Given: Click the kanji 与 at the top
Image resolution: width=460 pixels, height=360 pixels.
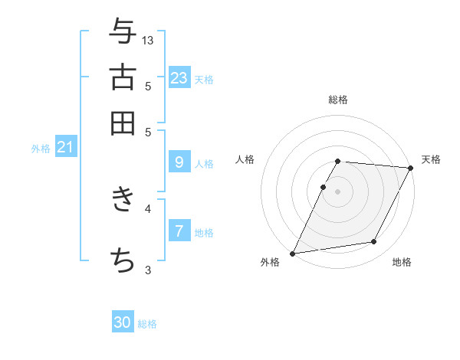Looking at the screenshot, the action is click(x=123, y=33).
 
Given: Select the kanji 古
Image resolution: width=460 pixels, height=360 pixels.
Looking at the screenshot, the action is click(x=123, y=78).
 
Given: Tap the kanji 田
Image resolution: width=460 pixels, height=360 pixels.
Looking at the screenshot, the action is click(x=123, y=123).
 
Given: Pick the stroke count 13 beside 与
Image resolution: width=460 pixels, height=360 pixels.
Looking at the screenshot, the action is click(x=148, y=40).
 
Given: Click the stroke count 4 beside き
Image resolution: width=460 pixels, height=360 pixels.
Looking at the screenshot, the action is click(x=148, y=208).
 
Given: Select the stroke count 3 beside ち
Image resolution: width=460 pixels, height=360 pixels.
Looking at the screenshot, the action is click(x=148, y=269).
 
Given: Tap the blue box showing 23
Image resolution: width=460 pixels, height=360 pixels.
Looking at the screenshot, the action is click(x=179, y=78).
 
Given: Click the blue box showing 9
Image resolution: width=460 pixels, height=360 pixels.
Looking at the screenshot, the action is click(x=179, y=162).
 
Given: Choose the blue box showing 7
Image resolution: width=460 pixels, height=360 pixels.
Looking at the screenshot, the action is click(x=179, y=231).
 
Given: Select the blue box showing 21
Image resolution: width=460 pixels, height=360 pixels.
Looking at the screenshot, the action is click(x=65, y=147).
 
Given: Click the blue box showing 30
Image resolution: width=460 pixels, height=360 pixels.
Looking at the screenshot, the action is click(x=123, y=323).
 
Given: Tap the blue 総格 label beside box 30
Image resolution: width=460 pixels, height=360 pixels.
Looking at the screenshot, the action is click(x=148, y=324).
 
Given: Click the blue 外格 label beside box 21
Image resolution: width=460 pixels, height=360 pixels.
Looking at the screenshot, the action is click(x=40, y=149).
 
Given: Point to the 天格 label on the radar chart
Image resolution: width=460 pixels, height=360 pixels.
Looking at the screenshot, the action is click(x=431, y=159).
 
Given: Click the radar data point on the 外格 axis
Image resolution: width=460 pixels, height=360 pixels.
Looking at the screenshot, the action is click(x=292, y=254).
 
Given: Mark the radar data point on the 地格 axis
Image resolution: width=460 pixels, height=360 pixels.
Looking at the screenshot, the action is click(x=374, y=242).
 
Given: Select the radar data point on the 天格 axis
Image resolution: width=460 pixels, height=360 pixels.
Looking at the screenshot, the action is click(x=411, y=168).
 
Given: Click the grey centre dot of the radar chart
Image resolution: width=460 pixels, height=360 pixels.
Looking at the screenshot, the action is click(x=337, y=191).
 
